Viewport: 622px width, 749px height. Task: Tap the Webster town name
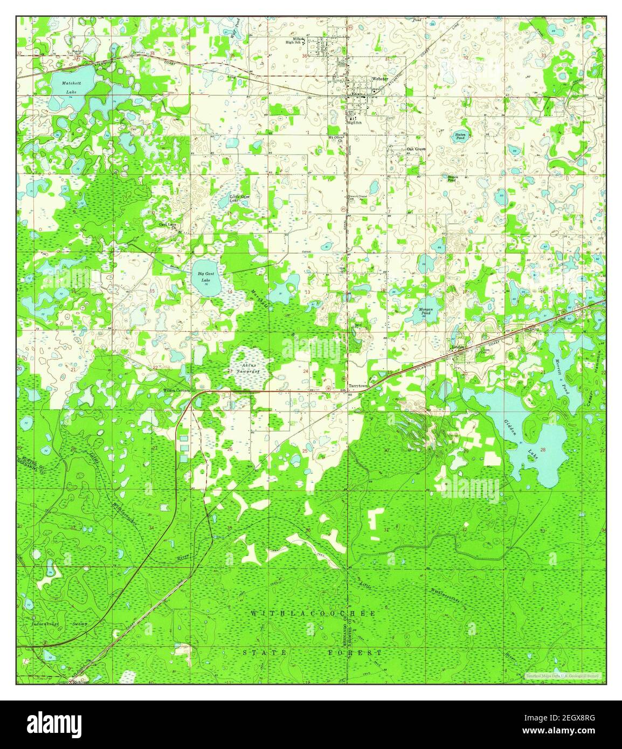pyautogui.click(x=379, y=79)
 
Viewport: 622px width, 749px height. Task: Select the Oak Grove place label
pyautogui.click(x=416, y=149)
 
